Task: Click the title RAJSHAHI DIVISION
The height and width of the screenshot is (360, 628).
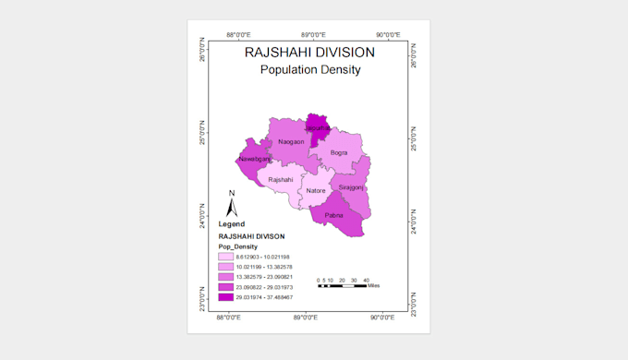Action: click(309, 53)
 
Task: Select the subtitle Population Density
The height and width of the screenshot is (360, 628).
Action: click(309, 70)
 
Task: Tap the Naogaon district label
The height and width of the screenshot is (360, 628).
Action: click(291, 141)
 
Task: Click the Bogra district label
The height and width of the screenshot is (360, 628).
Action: click(339, 152)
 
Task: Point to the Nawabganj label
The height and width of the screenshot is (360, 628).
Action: click(254, 160)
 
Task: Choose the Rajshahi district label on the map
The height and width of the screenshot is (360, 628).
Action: click(280, 179)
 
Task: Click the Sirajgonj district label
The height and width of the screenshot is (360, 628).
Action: click(351, 187)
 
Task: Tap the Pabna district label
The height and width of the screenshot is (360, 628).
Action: click(333, 215)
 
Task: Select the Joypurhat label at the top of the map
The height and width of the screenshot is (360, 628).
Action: click(319, 128)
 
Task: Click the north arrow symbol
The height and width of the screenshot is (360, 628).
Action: click(233, 204)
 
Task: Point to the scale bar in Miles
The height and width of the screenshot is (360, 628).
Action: click(342, 286)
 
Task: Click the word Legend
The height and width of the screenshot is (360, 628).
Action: click(232, 224)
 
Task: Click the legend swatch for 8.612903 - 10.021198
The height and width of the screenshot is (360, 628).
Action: click(226, 256)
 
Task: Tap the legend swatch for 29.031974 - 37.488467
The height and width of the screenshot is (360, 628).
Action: click(226, 297)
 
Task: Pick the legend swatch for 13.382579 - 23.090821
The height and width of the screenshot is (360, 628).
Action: click(226, 277)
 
